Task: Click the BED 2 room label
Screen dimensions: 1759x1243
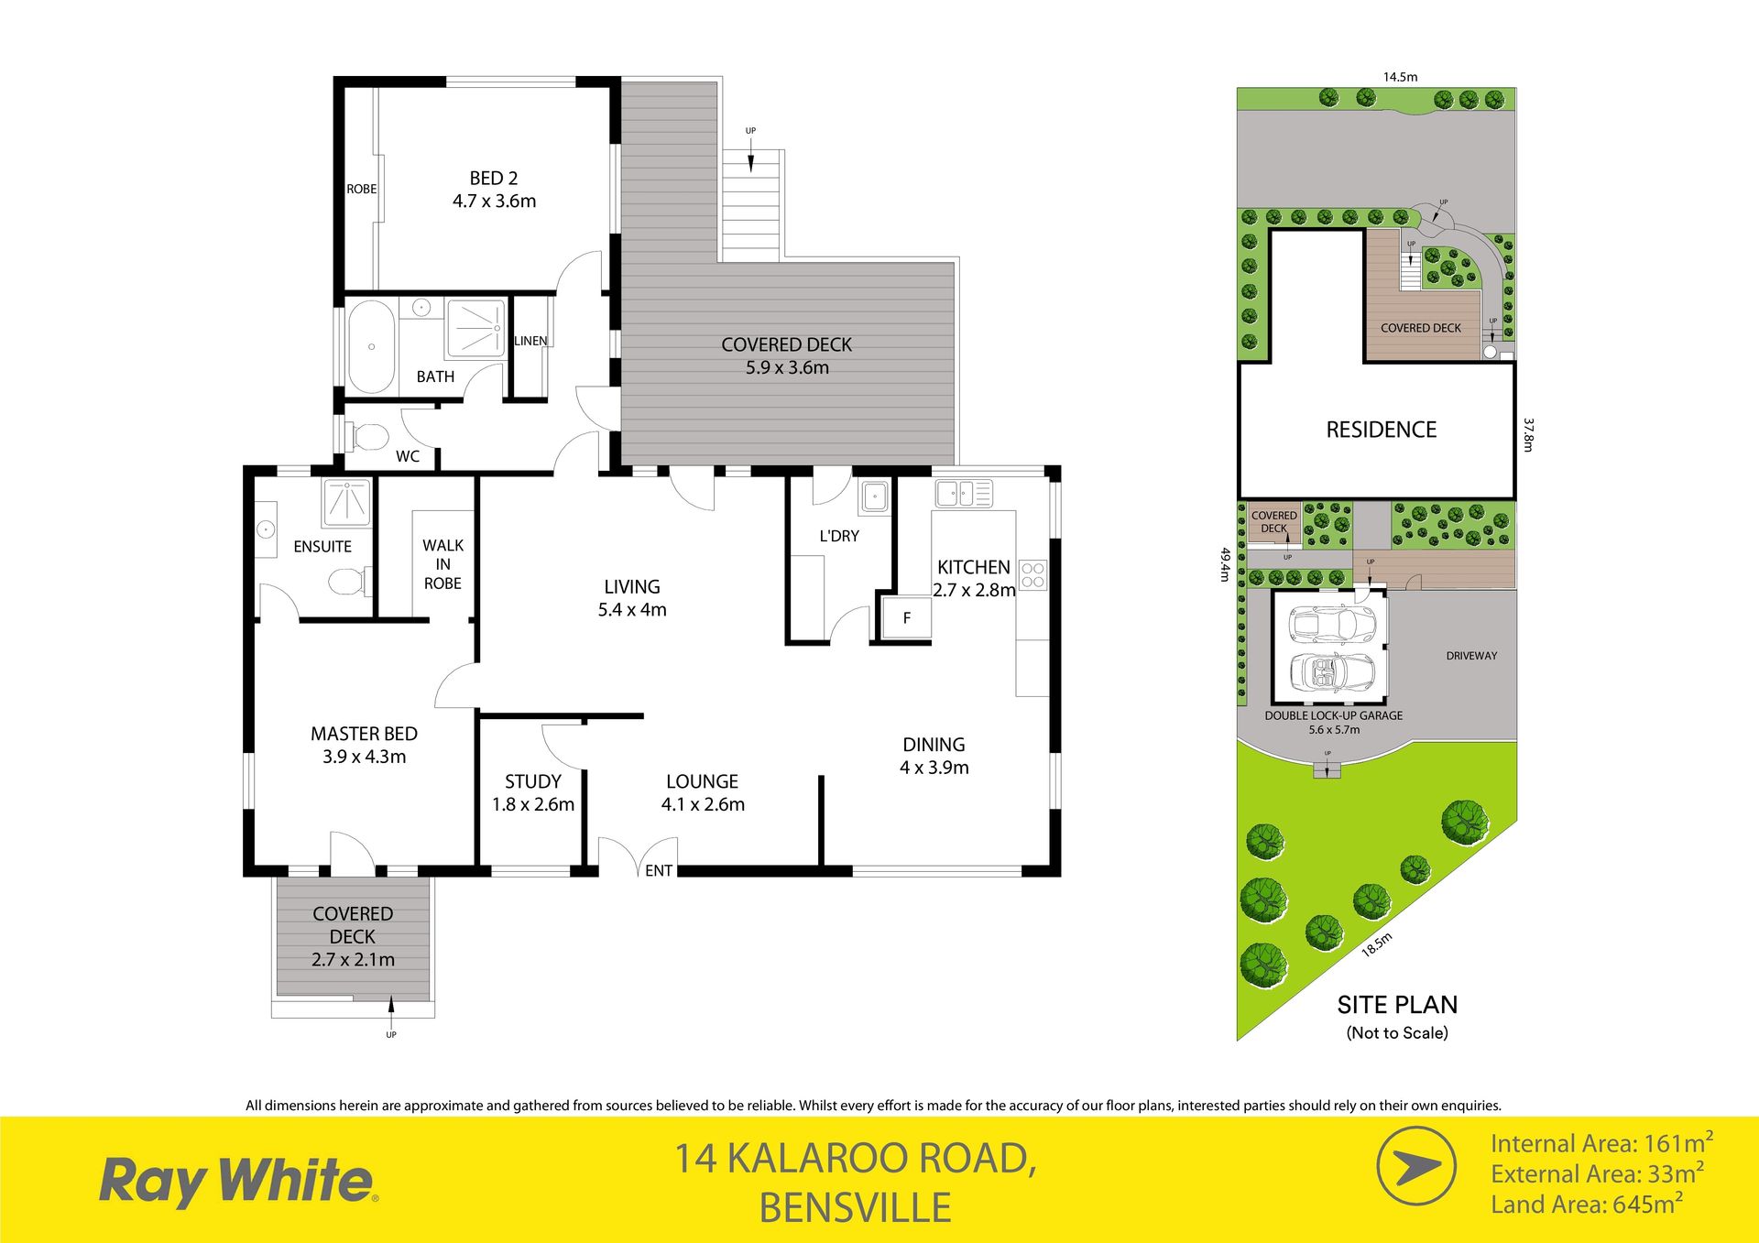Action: point(494,179)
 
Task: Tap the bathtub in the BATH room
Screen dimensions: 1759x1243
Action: point(371,346)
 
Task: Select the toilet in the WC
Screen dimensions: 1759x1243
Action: point(366,436)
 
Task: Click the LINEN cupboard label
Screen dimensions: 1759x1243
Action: point(530,341)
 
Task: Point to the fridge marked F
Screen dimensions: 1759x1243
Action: point(906,617)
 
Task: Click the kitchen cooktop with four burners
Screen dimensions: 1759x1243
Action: point(1033,575)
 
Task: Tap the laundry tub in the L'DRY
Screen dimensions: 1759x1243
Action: point(873,497)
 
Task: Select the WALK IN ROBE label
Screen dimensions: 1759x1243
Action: point(442,564)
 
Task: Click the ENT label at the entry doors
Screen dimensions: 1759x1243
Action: point(659,871)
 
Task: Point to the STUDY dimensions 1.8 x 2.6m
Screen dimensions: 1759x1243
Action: point(533,804)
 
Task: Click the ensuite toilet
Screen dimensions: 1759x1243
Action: point(350,581)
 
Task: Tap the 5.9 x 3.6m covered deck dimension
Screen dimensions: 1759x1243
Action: point(787,367)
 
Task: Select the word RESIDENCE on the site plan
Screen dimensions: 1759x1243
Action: point(1381,430)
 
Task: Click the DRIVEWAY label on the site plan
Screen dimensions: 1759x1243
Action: point(1471,656)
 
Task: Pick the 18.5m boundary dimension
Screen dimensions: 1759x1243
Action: point(1376,944)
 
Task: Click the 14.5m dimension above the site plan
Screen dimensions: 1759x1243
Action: point(1400,77)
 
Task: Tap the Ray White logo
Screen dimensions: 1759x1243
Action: point(238,1182)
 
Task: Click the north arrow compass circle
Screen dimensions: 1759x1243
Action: point(1416,1166)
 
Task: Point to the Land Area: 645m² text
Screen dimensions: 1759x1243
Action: point(1587,1204)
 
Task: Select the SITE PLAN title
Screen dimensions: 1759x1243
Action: point(1397,1005)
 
